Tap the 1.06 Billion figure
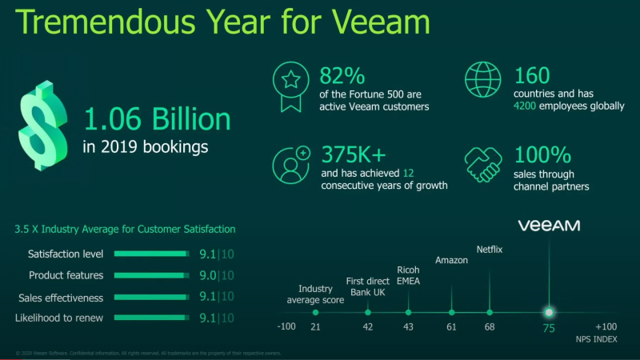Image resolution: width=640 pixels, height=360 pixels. click(x=157, y=120)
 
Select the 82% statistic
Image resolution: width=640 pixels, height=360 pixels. click(x=342, y=77)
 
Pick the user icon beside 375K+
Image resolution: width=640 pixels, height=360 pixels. click(x=290, y=166)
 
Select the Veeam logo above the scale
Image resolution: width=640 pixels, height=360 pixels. click(x=549, y=226)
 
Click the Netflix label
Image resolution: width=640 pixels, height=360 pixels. click(x=490, y=249)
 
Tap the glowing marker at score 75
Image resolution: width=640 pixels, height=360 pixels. click(x=549, y=312)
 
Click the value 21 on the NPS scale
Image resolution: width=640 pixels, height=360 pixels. click(x=315, y=327)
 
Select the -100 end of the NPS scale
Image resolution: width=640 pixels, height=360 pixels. click(x=286, y=327)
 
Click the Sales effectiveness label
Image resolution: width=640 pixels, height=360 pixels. click(x=61, y=298)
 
